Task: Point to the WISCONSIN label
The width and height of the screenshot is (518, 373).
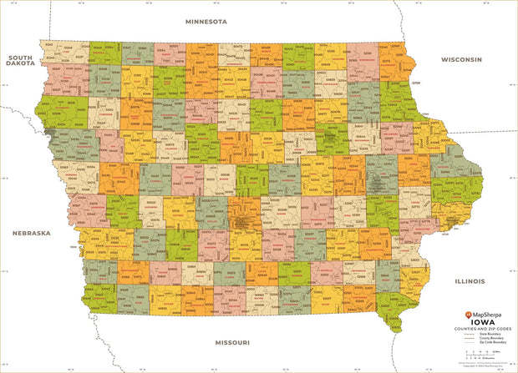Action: [x=462, y=60]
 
